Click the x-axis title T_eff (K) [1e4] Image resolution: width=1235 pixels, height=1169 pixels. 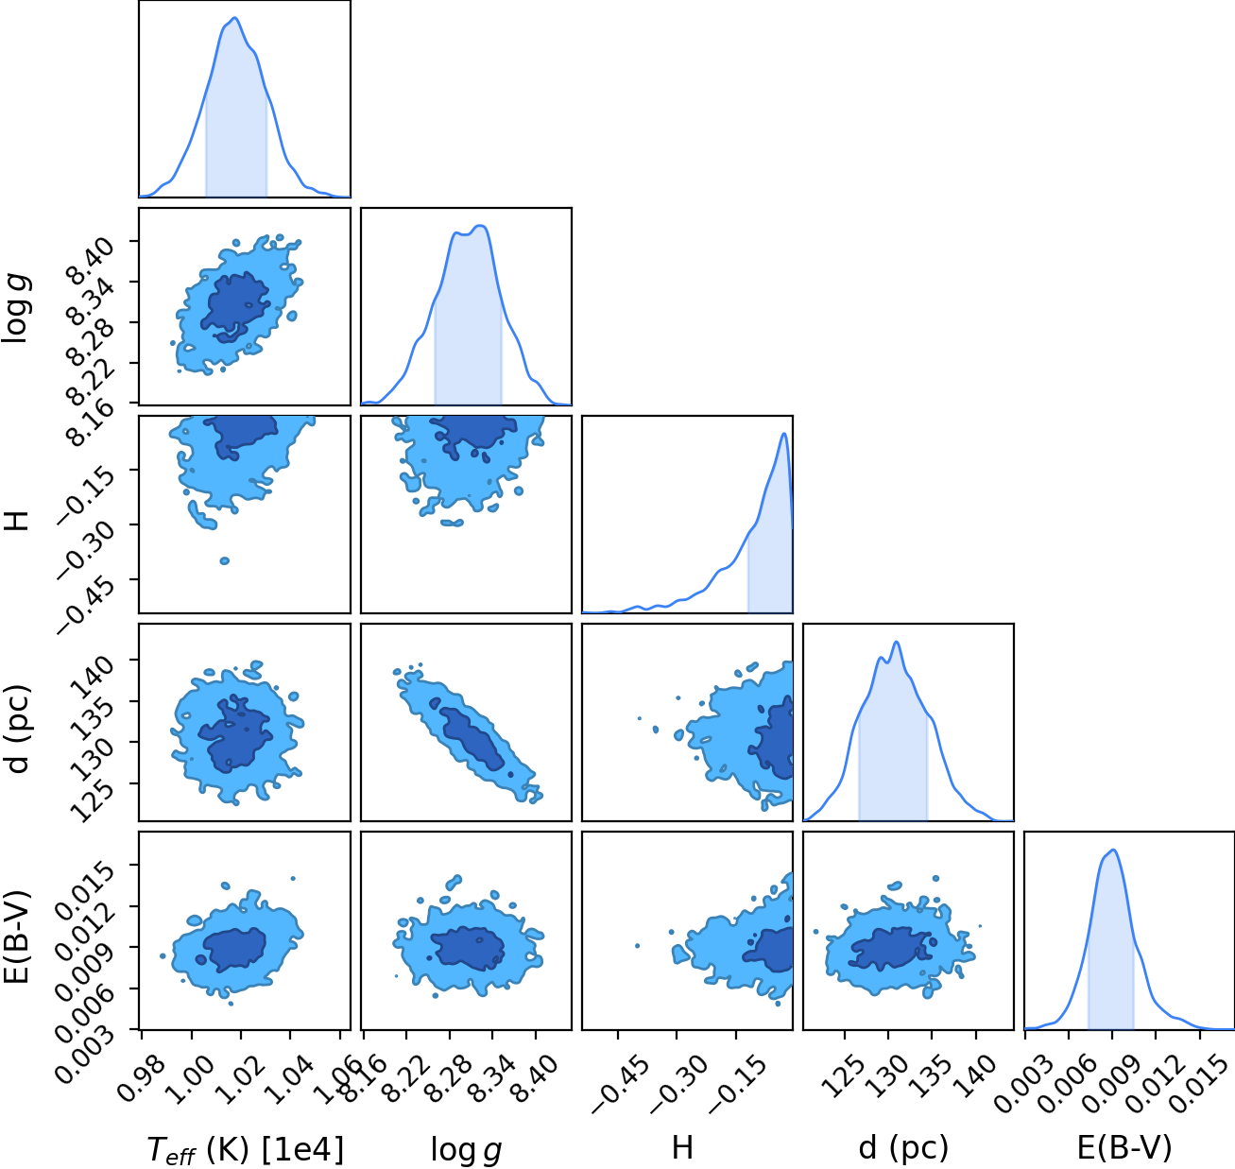click(x=246, y=1149)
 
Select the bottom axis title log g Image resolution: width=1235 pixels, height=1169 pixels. click(x=466, y=1151)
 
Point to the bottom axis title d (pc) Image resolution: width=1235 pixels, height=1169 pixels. click(x=903, y=1149)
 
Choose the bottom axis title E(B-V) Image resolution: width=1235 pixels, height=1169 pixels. click(x=1124, y=1149)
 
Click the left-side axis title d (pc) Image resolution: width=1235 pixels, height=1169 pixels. click(x=18, y=728)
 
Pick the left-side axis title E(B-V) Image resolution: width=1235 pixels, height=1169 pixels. click(x=18, y=937)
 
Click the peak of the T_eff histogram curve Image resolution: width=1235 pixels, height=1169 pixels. click(x=235, y=18)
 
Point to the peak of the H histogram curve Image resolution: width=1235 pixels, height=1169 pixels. click(x=783, y=433)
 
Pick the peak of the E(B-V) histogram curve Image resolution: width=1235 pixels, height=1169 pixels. click(x=1114, y=850)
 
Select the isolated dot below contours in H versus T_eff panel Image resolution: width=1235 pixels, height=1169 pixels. click(x=224, y=560)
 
